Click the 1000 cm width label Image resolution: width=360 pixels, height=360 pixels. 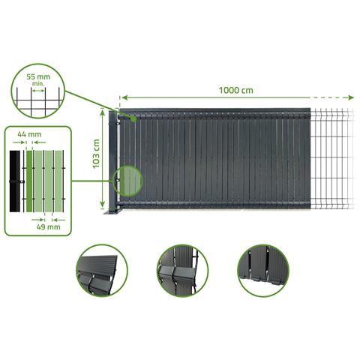click(x=235, y=90)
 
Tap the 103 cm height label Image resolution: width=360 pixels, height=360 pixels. click(x=96, y=154)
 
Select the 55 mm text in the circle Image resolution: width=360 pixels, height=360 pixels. click(x=38, y=76)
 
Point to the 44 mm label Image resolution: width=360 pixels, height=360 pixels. click(x=29, y=134)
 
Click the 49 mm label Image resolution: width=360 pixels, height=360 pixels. click(x=48, y=227)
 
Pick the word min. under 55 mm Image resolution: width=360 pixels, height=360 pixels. click(x=38, y=84)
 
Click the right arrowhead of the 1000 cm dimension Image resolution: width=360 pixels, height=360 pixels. click(x=351, y=97)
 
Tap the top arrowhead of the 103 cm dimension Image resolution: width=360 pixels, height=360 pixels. click(x=103, y=112)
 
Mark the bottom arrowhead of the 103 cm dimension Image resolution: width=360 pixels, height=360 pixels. click(x=103, y=204)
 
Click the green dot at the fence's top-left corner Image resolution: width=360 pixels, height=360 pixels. click(x=134, y=119)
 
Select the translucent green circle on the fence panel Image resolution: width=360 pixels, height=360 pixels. click(x=128, y=181)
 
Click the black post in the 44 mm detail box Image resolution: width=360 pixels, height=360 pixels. click(x=15, y=181)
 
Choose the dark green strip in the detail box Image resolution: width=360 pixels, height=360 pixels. click(x=29, y=181)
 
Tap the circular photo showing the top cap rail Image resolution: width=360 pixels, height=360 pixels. click(x=102, y=271)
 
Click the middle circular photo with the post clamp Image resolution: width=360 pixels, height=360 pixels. click(x=182, y=271)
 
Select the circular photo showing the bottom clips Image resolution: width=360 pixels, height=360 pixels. click(x=263, y=271)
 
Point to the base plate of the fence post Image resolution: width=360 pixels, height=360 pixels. click(x=112, y=212)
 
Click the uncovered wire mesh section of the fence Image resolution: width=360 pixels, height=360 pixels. click(x=332, y=159)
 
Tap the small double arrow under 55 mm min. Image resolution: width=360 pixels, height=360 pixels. click(x=38, y=91)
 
